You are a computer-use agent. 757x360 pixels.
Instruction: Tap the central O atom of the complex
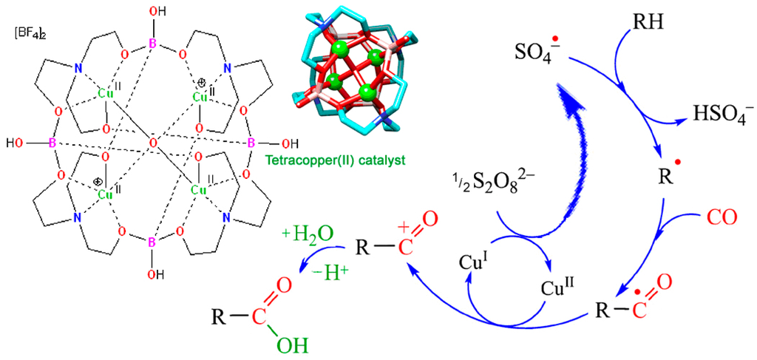[152, 143]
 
